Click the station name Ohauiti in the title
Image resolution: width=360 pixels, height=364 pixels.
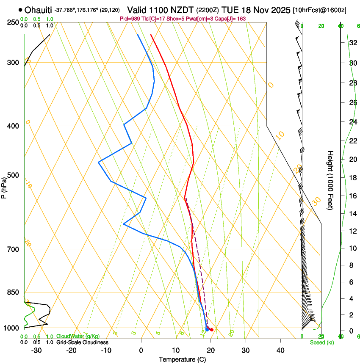point(38,10)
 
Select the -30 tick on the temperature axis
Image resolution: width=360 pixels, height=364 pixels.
point(36,350)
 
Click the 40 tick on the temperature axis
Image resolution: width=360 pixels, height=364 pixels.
point(280,350)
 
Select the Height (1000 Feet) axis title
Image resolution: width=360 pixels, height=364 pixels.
point(330,180)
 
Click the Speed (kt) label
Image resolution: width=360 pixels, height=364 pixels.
point(321,342)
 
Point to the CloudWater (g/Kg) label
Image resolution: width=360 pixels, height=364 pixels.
point(78,336)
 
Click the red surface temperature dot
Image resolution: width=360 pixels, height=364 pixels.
point(212,329)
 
